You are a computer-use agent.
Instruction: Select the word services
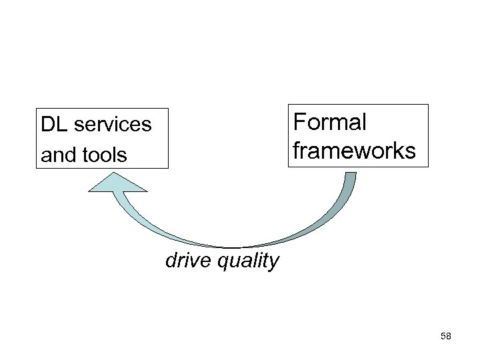tap(111, 125)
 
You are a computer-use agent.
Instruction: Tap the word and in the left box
tap(55, 155)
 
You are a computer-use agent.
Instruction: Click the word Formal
tap(329, 123)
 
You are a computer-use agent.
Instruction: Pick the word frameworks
tap(354, 151)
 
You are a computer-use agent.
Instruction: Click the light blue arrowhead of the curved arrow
tap(114, 183)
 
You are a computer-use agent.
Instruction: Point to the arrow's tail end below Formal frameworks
tap(351, 176)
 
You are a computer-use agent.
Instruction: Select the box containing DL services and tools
tap(103, 139)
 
